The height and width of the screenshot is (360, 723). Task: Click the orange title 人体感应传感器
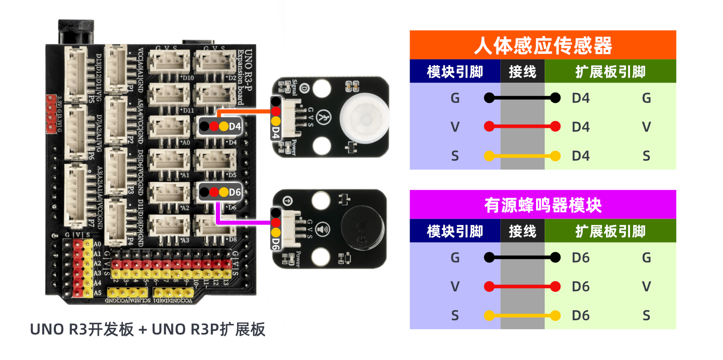(x=542, y=46)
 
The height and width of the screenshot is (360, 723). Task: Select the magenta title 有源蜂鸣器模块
(x=542, y=206)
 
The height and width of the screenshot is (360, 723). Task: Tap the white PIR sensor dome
(x=364, y=118)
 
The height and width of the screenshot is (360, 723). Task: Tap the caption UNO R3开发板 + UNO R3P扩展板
(x=147, y=329)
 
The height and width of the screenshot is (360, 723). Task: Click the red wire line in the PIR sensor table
(x=522, y=127)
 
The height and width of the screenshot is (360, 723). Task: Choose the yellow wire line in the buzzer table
(x=522, y=315)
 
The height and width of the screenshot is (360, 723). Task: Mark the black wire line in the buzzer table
(x=522, y=257)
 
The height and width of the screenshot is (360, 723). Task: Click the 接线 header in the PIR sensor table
(x=522, y=72)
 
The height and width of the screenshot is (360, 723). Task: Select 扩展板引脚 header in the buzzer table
(x=610, y=231)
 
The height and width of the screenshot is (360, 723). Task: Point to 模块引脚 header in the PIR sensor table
(x=455, y=72)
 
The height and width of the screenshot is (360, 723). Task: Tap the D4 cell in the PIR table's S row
(x=581, y=156)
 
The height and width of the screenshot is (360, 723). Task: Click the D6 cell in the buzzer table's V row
(x=581, y=286)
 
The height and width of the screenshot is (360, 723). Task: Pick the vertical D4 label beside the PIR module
(x=275, y=132)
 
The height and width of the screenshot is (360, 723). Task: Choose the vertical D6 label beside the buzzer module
(x=275, y=243)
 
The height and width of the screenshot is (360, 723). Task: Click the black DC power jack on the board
(x=76, y=32)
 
